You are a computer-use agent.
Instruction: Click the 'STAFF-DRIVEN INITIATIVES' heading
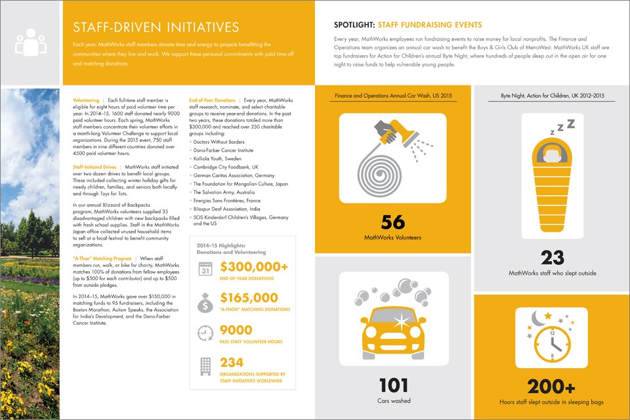tap(156, 27)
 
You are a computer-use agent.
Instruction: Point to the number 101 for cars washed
tap(392, 385)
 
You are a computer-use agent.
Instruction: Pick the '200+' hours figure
tap(552, 386)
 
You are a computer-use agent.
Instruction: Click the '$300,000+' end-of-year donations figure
tap(254, 266)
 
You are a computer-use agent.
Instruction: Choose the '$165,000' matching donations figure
tap(249, 298)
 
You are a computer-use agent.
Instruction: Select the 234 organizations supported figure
tap(232, 362)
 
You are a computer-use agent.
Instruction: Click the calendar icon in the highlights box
tap(204, 270)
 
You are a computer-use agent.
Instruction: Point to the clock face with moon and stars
tap(551, 337)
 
